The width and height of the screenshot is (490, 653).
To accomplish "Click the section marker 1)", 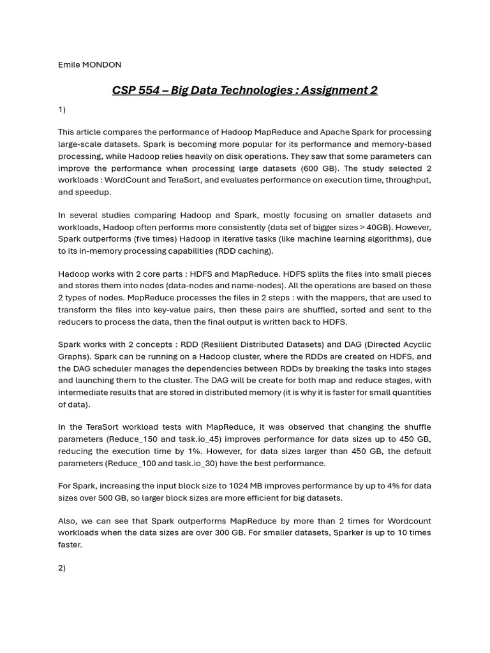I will click(62, 110).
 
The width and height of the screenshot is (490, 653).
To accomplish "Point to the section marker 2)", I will click(62, 568).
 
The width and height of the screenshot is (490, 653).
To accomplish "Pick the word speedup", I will click(94, 192).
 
